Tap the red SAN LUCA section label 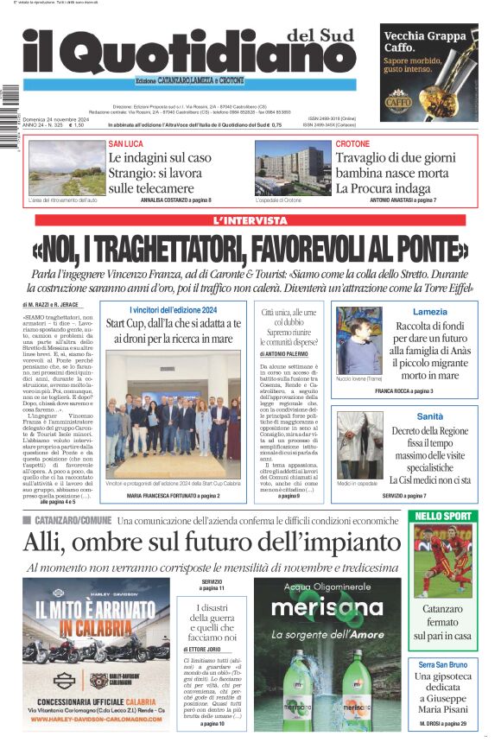[127, 143]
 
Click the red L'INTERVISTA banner [250, 221]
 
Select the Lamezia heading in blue [430, 311]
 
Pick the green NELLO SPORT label [441, 516]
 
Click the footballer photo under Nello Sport [441, 561]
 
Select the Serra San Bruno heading [442, 664]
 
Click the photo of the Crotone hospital [293, 169]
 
